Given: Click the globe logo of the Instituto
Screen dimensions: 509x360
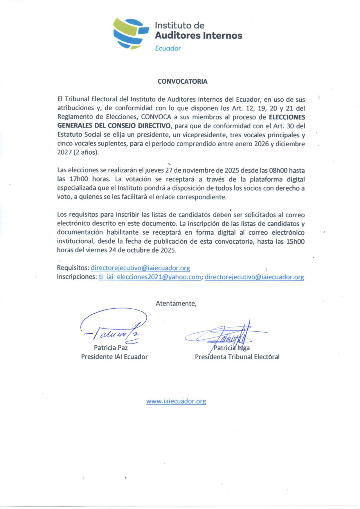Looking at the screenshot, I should point(130,33).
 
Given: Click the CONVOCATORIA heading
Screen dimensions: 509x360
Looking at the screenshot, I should point(182,82).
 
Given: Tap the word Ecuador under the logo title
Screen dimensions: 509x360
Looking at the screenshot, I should point(168,48).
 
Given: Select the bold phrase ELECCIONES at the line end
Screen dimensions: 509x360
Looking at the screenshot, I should point(287,117).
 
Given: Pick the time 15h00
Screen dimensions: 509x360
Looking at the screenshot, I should point(295,242).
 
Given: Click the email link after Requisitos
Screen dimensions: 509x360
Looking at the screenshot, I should point(140,268).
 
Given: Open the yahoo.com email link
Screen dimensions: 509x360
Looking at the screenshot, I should point(150,277).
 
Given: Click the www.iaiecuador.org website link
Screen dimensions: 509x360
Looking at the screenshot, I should point(176,401).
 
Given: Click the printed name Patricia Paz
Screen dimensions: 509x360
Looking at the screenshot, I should point(111,348).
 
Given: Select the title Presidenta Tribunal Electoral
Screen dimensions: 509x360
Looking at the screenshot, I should point(237,357).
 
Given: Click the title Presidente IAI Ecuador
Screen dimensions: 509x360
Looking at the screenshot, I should point(114,357).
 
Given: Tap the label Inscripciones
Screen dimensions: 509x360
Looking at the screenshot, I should point(76,277).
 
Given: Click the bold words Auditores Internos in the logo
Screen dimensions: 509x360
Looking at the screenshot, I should point(198,36).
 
